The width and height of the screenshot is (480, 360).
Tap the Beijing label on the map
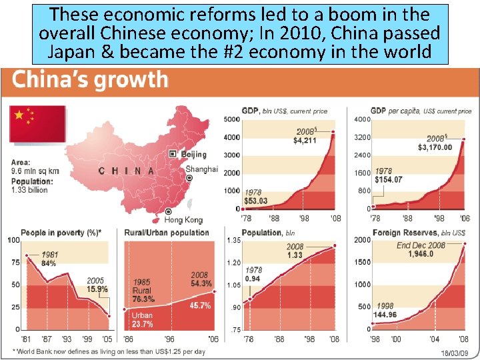pos(196,154)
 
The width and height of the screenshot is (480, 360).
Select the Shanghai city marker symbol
pos(190,179)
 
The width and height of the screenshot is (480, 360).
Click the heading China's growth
pos(91,80)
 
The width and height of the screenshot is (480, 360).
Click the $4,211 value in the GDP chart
pos(306,141)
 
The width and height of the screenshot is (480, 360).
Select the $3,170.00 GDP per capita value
pos(435,147)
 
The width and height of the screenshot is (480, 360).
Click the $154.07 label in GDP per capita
pos(389,179)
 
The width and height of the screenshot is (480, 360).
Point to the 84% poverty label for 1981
pos(49,263)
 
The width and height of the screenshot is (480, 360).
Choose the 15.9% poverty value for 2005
pos(97,289)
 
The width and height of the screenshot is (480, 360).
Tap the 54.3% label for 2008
pos(199,284)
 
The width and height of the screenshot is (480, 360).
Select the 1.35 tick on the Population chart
pos(233,240)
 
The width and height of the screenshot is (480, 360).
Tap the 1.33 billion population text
pos(29,190)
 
